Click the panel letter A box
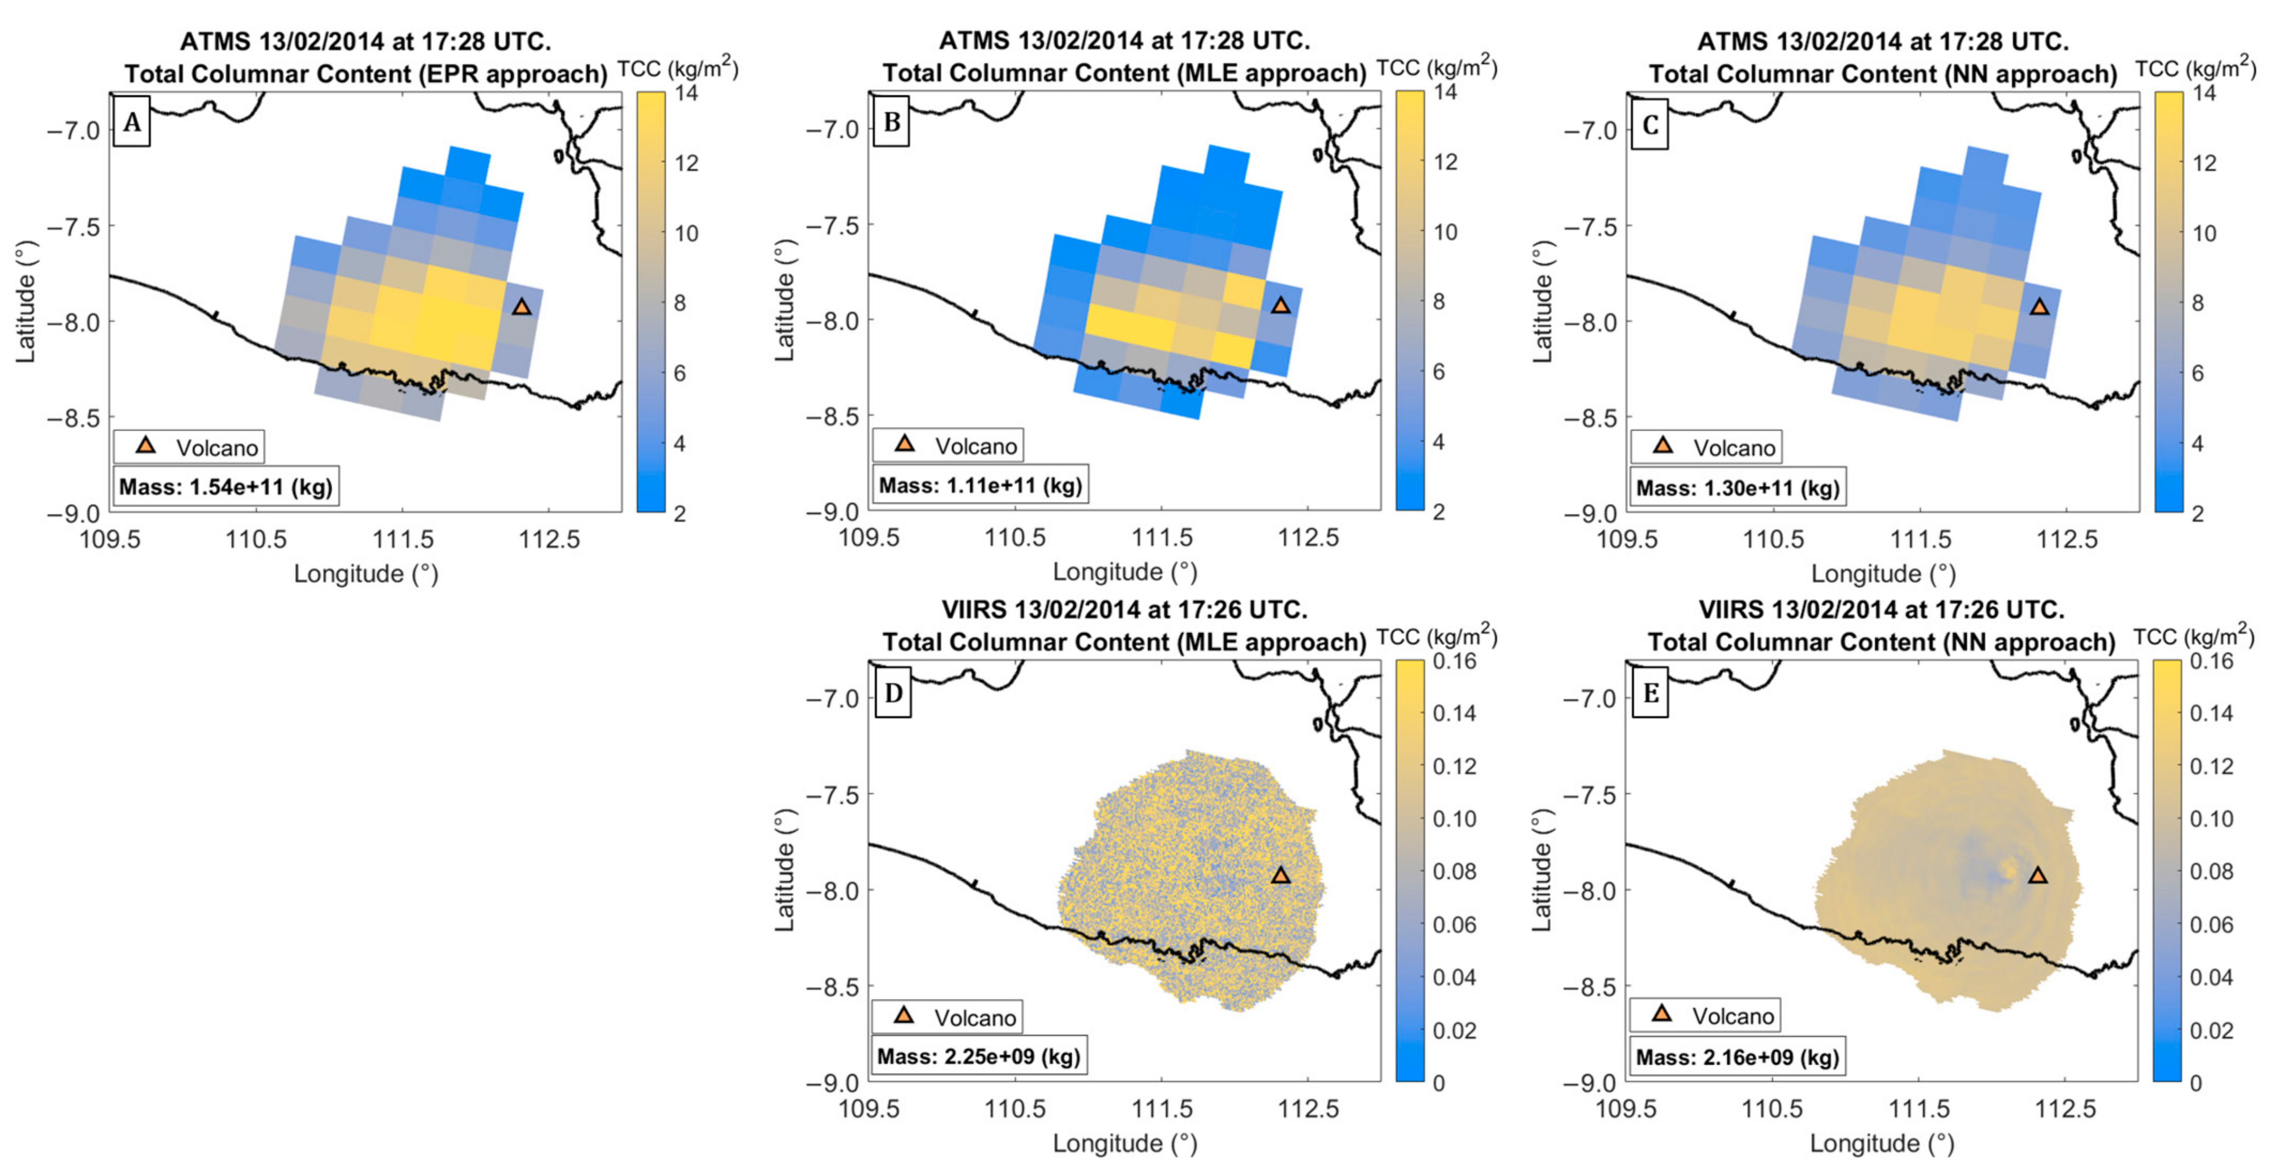point(131,123)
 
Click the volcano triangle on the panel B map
point(1281,305)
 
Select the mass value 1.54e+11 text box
point(225,487)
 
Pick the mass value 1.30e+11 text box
point(1738,487)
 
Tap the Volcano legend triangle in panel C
point(1663,445)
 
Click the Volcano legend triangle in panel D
point(903,1015)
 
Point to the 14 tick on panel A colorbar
point(685,93)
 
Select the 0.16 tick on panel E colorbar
point(2212,661)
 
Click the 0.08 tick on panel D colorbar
point(1454,871)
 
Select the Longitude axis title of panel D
point(1124,1144)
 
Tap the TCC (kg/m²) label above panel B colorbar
point(1436,68)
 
